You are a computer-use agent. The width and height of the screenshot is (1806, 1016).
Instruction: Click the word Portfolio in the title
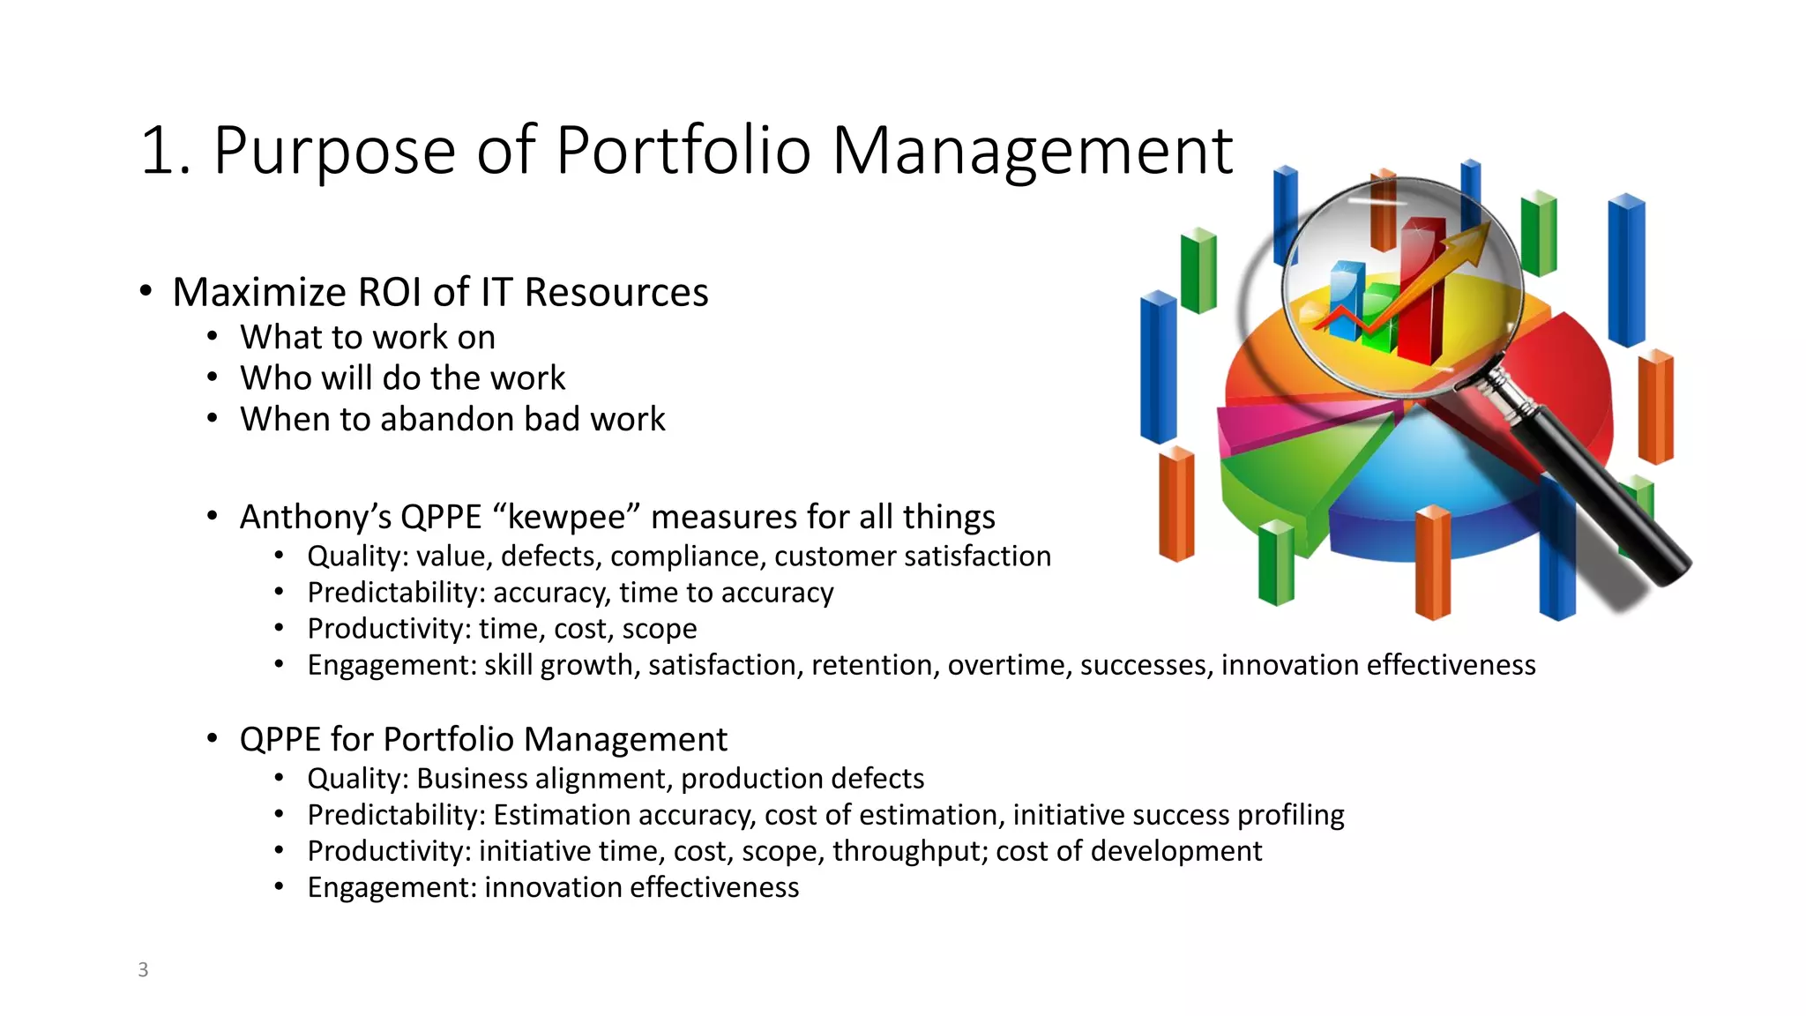(x=683, y=150)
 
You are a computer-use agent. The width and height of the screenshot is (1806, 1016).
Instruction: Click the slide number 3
(x=143, y=969)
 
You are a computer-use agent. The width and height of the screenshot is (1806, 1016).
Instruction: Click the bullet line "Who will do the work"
(x=402, y=378)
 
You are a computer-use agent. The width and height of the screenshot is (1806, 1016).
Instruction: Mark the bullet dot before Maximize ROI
(x=146, y=291)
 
